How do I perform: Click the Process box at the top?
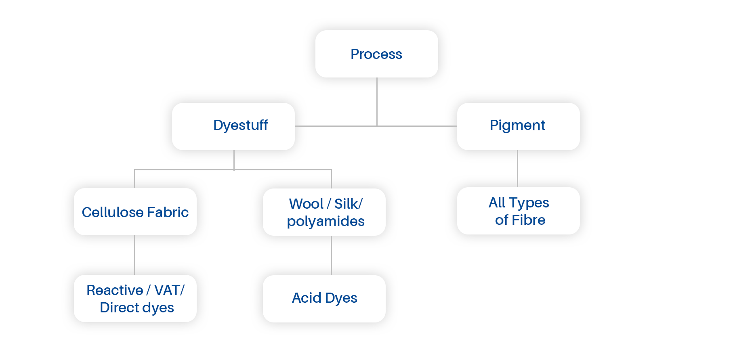pos(376,54)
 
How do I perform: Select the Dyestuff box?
pos(233,126)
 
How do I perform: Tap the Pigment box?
pos(518,126)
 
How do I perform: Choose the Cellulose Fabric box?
pos(135,212)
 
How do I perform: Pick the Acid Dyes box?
pos(324,299)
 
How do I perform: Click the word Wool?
pos(306,204)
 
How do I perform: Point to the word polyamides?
pos(325,222)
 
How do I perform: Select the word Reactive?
pos(115,290)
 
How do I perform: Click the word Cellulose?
pos(112,212)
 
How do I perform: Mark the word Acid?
pos(307,298)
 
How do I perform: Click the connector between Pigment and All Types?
pos(517,169)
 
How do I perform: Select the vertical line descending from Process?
pos(377,108)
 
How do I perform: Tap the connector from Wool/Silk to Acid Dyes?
pos(331,255)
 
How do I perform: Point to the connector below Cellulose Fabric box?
pos(134,255)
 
